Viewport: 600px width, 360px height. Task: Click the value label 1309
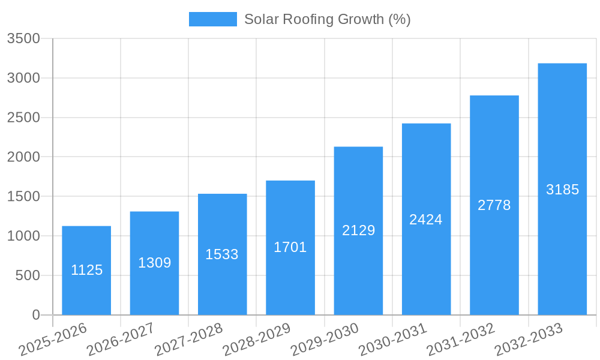(x=155, y=263)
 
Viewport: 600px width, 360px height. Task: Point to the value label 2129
(x=358, y=230)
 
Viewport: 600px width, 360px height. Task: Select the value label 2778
(x=494, y=205)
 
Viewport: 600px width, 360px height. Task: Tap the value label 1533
(x=222, y=254)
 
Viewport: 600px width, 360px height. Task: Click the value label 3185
(x=562, y=190)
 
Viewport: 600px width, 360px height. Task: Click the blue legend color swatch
(x=212, y=19)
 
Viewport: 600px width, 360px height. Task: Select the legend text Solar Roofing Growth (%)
(x=327, y=19)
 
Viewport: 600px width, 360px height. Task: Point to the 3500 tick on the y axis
(x=23, y=39)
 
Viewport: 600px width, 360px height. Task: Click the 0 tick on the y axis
(x=35, y=315)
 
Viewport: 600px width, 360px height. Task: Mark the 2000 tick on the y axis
(x=23, y=157)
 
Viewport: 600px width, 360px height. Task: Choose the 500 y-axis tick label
(x=27, y=275)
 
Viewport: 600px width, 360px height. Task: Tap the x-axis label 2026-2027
(x=121, y=340)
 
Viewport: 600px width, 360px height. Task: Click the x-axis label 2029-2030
(x=325, y=340)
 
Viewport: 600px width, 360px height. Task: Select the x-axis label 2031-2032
(x=461, y=340)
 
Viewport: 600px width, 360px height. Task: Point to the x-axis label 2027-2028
(x=188, y=340)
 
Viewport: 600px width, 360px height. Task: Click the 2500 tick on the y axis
(x=23, y=118)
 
